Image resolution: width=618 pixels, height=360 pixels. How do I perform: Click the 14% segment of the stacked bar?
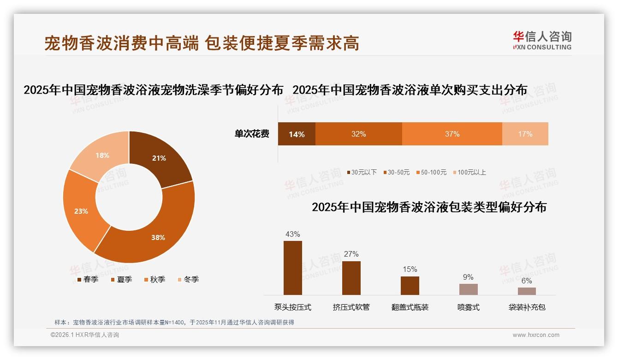point(297,134)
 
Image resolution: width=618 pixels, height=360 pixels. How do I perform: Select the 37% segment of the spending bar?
point(452,134)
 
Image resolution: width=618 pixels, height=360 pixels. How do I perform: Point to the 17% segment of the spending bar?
point(525,134)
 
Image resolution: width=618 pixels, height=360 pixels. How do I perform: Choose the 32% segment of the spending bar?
point(358,134)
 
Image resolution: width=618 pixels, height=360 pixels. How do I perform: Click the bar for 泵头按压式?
point(293,268)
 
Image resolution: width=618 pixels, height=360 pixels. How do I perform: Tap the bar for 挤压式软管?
point(351,278)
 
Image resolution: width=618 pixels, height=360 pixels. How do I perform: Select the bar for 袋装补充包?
point(527,291)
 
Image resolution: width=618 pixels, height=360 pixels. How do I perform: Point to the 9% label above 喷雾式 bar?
point(468,277)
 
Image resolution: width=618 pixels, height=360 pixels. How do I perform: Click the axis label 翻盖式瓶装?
point(410,307)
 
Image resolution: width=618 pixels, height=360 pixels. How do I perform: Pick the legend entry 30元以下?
point(362,172)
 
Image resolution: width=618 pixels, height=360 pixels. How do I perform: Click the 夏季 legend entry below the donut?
point(122,279)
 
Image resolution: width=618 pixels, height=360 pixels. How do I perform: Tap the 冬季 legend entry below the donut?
point(189,279)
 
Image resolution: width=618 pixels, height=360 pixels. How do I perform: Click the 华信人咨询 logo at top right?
point(542,41)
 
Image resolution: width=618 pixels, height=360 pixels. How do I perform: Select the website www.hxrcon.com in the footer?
point(536,335)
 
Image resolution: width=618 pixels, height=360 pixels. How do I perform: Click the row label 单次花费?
point(252,134)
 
